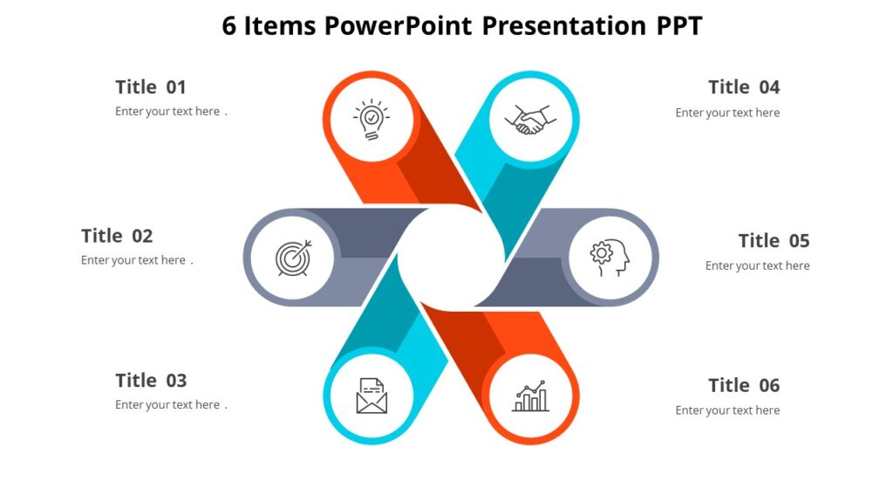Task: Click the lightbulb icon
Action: click(x=372, y=120)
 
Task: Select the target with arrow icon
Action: click(x=292, y=258)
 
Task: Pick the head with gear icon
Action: click(x=610, y=258)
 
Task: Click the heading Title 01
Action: click(x=151, y=86)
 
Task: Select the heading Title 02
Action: click(x=117, y=236)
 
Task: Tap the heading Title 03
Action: click(x=151, y=380)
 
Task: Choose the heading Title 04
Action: click(x=744, y=86)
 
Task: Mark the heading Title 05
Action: click(x=774, y=240)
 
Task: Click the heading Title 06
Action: click(x=744, y=385)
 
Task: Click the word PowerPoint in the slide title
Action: click(x=398, y=26)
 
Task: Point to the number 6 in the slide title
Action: click(x=229, y=26)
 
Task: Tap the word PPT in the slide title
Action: click(x=679, y=26)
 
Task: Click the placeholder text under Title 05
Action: click(x=757, y=265)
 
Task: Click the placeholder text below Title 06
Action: click(x=727, y=410)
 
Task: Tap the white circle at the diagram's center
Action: click(x=451, y=258)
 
